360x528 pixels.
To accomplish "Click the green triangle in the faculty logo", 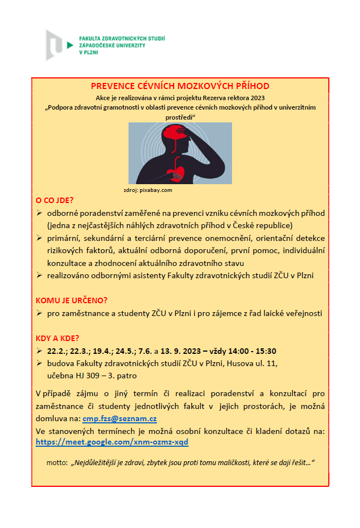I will tap(69, 44).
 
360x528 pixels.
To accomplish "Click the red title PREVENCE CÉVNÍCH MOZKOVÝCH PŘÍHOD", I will tap(180, 86).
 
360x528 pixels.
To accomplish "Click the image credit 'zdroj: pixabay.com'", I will tap(148, 190).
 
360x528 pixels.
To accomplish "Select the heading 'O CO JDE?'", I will tap(55, 200).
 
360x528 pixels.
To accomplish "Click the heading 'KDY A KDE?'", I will tap(57, 338).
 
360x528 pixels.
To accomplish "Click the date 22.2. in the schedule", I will tap(57, 351).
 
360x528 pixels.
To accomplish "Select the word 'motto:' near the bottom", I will tap(56, 463).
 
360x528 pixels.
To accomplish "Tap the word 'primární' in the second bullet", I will tap(65, 238).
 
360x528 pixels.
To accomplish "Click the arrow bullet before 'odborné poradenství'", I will tap(39, 214).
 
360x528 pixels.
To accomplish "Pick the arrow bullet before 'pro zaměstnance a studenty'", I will tap(39, 313).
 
